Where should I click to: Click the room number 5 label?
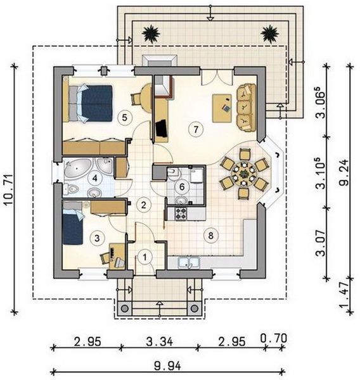tap(124, 118)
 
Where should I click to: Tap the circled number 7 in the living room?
tap(196, 129)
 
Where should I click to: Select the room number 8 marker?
tap(210, 235)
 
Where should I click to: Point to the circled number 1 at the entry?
tap(145, 257)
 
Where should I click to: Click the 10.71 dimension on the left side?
tap(10, 189)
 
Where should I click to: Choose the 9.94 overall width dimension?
tap(167, 366)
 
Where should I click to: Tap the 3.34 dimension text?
tap(160, 342)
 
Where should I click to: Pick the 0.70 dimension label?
tap(274, 338)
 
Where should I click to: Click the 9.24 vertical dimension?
tap(344, 172)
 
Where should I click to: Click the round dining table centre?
tap(243, 173)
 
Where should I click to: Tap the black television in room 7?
tap(161, 128)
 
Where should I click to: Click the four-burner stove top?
tap(181, 214)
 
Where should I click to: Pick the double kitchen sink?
tap(189, 262)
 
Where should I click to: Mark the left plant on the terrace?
tap(151, 34)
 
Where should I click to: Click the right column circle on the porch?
tap(195, 308)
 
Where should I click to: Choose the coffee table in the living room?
tap(222, 108)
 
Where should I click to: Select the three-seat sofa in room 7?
tap(246, 108)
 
